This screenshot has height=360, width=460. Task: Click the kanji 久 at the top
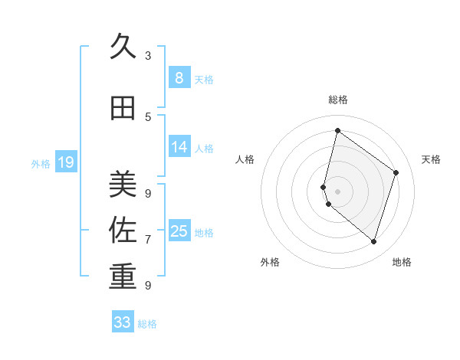(x=123, y=47)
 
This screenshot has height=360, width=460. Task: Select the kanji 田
(x=123, y=109)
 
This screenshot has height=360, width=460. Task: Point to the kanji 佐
(x=123, y=231)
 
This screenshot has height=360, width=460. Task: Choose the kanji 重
(x=123, y=277)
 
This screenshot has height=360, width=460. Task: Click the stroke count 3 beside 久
(x=148, y=55)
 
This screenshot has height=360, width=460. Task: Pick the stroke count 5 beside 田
(x=148, y=117)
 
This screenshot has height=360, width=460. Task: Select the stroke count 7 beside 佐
(x=148, y=240)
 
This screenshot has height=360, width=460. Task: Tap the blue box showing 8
(x=179, y=77)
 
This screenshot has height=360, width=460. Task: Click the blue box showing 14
(x=179, y=147)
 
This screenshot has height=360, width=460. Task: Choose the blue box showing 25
(x=179, y=231)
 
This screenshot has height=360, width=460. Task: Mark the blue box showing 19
(x=66, y=162)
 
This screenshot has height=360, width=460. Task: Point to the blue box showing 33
(x=123, y=322)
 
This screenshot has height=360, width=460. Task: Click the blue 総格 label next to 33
(x=147, y=324)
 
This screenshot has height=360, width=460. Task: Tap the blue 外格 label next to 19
(x=41, y=163)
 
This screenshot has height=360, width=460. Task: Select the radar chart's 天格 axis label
(x=431, y=159)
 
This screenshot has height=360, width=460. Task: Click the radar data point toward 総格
(x=337, y=131)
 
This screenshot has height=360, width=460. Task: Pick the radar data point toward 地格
(x=373, y=242)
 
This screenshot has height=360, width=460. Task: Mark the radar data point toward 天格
(x=396, y=172)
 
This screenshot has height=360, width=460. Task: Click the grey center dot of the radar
(x=337, y=191)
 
